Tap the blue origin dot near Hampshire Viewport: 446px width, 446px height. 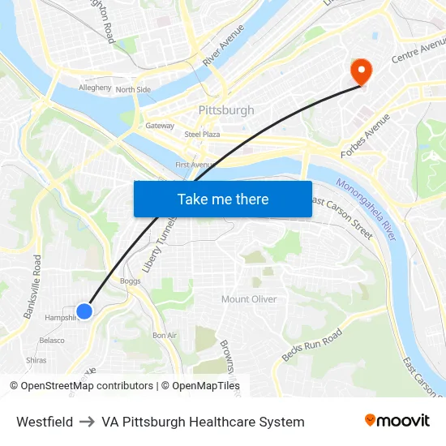[x=84, y=311]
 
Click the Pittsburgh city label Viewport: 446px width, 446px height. [x=226, y=110]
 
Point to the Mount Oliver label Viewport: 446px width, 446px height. [x=249, y=299]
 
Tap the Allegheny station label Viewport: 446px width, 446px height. [x=95, y=88]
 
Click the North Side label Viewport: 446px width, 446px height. [x=133, y=89]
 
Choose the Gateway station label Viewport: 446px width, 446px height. [x=160, y=126]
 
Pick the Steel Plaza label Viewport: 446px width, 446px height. [x=202, y=134]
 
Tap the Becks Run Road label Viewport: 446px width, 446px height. [x=311, y=345]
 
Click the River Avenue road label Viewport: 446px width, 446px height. [x=223, y=45]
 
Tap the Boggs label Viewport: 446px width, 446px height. [x=130, y=281]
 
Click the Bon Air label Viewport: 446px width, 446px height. [x=165, y=335]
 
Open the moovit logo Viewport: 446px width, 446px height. [x=397, y=421]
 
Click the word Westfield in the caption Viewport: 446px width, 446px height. [x=45, y=422]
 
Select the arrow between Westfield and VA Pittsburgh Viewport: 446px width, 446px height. [x=87, y=422]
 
